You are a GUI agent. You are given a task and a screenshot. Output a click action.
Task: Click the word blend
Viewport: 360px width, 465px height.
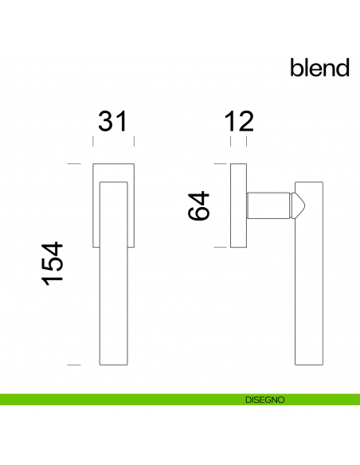(x=319, y=68)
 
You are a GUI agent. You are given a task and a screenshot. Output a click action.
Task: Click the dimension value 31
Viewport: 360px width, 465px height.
(x=113, y=121)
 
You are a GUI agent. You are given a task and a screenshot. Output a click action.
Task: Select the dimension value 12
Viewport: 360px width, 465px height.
(x=238, y=121)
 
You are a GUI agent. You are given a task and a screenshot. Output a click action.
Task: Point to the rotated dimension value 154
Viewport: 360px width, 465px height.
(x=52, y=264)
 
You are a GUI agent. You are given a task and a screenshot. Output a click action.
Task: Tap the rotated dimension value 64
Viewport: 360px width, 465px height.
(x=198, y=205)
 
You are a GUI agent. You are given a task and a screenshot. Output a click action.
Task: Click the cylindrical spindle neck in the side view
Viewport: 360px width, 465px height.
(x=268, y=205)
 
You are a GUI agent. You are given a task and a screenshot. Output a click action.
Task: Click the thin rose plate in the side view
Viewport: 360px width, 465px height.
(x=238, y=205)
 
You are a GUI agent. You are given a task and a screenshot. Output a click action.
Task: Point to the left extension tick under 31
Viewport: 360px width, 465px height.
(x=93, y=142)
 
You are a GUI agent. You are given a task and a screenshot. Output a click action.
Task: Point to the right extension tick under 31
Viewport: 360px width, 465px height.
(x=133, y=142)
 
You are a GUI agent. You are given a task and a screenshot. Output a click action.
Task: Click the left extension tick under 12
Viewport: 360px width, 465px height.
(x=231, y=142)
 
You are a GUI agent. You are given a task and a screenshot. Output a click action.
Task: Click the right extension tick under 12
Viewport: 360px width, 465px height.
(x=246, y=142)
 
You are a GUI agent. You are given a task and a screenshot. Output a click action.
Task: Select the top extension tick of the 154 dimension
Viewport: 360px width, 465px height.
(x=74, y=164)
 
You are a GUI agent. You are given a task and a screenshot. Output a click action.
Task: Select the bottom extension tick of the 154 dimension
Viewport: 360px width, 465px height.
(x=74, y=365)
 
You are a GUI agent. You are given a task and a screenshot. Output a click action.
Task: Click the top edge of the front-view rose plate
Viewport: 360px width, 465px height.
(x=113, y=165)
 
